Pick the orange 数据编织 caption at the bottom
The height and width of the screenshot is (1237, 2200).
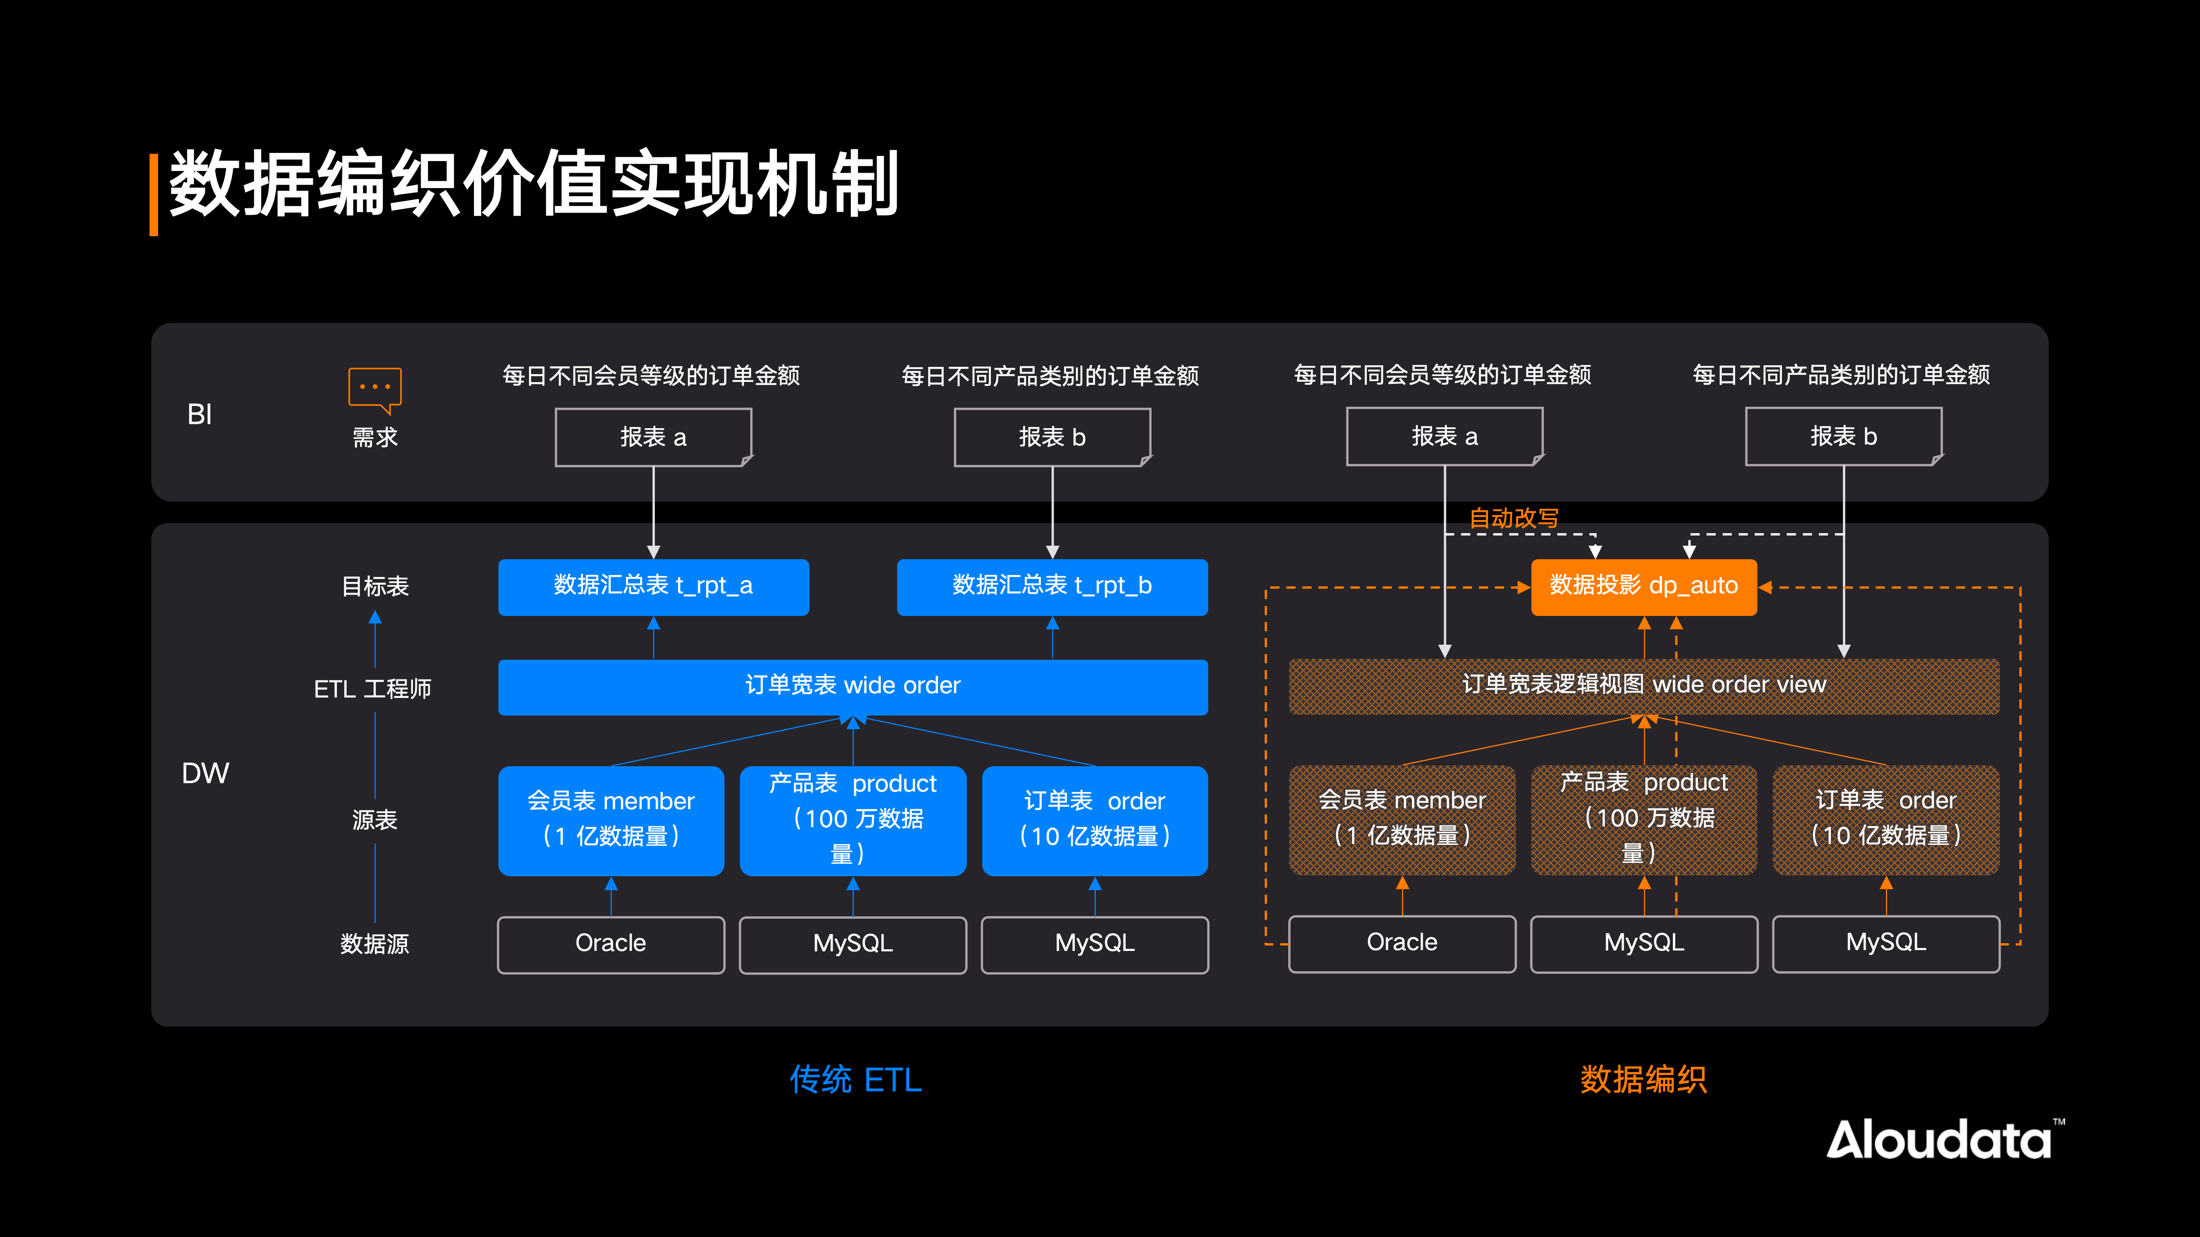pos(1643,1080)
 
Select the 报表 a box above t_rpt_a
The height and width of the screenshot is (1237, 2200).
pos(653,437)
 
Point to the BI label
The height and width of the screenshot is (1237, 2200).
pos(200,415)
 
